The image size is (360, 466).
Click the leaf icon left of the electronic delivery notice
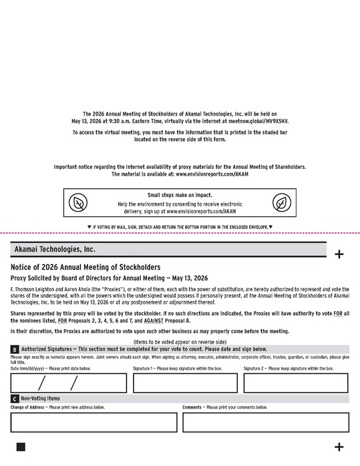tap(78, 203)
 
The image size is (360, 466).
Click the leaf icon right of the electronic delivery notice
tap(281, 203)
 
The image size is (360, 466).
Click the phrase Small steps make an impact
tap(180, 195)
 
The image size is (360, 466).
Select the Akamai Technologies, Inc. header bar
tap(168, 249)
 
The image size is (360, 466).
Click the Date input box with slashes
tap(68, 383)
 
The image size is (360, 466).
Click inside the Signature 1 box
tap(185, 383)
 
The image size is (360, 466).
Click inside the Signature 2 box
tap(295, 383)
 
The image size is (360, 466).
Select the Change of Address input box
tap(94, 422)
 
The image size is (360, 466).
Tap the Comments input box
tap(265, 422)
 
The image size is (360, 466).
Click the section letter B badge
tap(15, 349)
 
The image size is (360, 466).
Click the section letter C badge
tap(15, 399)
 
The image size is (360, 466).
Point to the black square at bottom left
tap(21, 447)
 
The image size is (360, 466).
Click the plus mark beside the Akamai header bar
tap(339, 254)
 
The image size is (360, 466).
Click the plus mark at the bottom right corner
tap(339, 447)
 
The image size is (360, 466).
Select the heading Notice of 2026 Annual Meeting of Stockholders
tap(85, 267)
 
